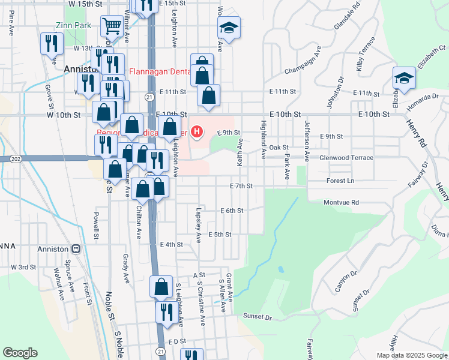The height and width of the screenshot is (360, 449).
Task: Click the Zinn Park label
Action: coord(73,26)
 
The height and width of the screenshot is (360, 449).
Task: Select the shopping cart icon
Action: coord(112,26)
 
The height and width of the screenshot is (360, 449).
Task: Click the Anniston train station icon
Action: coord(76,249)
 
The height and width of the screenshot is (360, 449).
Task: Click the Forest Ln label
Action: coord(340,181)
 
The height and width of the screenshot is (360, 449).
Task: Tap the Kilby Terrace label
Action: coord(366,54)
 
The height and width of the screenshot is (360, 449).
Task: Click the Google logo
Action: coord(20,353)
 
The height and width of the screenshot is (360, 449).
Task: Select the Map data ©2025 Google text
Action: coord(411,355)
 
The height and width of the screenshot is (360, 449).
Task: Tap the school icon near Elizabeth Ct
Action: coord(404,77)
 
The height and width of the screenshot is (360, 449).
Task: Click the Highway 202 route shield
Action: coord(16,158)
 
